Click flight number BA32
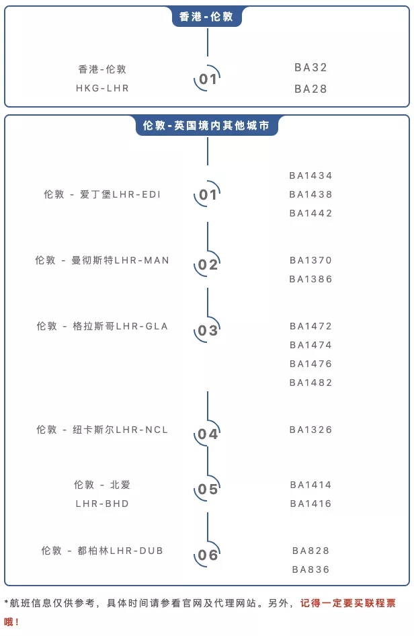pos(310,67)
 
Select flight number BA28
pos(310,89)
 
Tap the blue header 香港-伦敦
pos(206,17)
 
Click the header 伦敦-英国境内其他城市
pos(206,126)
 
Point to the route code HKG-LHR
pos(102,88)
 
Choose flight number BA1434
pos(310,175)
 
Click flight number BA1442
pos(310,213)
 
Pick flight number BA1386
pos(310,279)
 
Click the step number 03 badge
pos(208,330)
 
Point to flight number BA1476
pos(310,364)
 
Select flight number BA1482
pos(310,383)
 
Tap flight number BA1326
pos(310,430)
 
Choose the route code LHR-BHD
pos(102,504)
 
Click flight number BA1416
pos(310,504)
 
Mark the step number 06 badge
pos(208,555)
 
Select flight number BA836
pos(310,569)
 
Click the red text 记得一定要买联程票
pos(348,603)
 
